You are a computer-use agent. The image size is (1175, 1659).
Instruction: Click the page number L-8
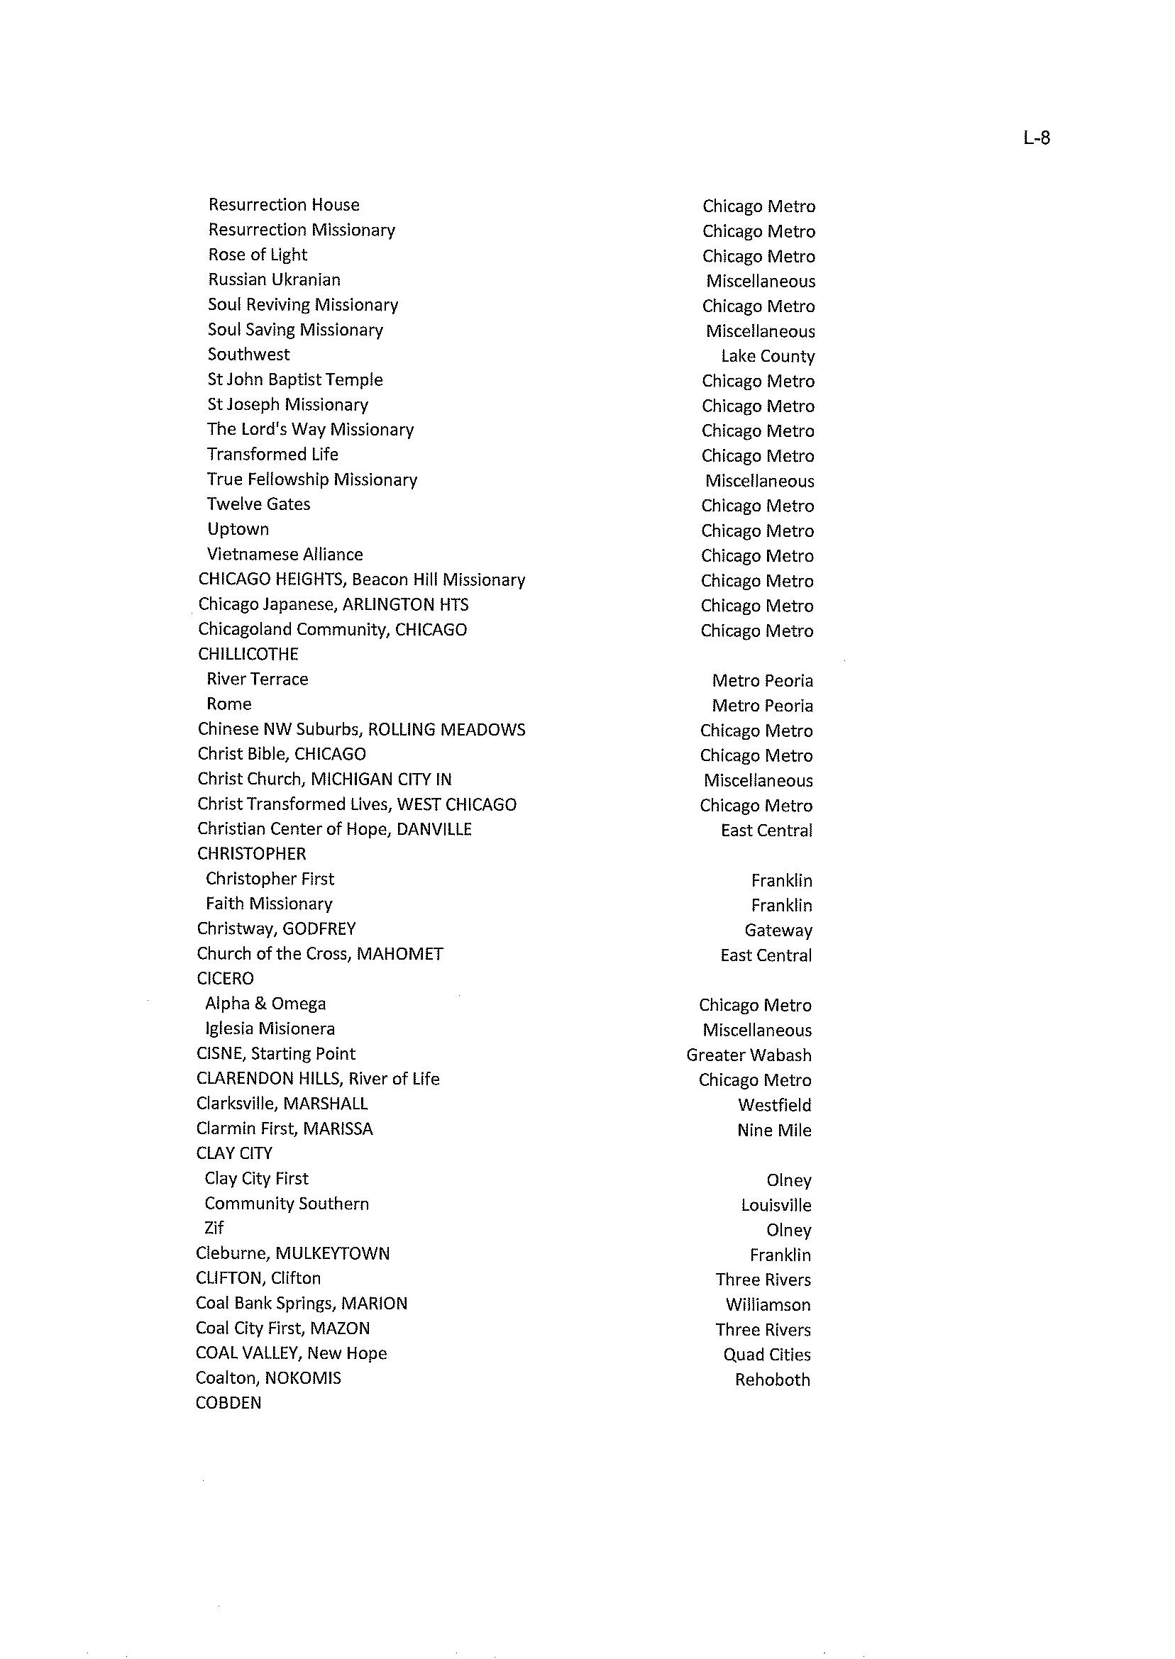click(1036, 138)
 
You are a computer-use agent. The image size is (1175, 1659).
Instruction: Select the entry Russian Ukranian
click(273, 280)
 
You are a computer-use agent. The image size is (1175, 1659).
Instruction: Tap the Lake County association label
click(767, 356)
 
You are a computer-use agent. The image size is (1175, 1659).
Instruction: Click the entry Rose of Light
click(258, 255)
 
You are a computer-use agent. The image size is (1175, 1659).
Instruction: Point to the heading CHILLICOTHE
click(248, 654)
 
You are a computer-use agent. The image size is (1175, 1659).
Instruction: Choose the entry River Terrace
click(257, 679)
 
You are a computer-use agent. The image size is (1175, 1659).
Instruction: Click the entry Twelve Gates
click(258, 504)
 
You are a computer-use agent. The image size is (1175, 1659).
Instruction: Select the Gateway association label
click(778, 930)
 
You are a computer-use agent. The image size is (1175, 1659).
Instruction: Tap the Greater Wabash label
click(748, 1055)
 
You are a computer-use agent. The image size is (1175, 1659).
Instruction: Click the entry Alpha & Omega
click(265, 1004)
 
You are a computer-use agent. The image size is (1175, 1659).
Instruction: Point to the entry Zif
click(214, 1228)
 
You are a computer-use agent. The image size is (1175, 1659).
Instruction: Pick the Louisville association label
click(776, 1205)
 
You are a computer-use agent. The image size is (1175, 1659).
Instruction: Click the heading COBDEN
click(228, 1403)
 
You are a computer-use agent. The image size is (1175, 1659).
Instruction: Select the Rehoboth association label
click(772, 1380)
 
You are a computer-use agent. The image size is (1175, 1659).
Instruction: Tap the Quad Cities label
click(766, 1355)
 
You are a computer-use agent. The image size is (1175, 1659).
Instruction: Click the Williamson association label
click(768, 1304)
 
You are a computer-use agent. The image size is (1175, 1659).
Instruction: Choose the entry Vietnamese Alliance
click(285, 555)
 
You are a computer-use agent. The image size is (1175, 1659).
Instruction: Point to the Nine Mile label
click(773, 1131)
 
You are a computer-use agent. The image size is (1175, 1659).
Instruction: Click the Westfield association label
click(774, 1105)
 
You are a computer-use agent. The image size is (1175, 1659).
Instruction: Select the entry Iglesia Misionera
click(269, 1028)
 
